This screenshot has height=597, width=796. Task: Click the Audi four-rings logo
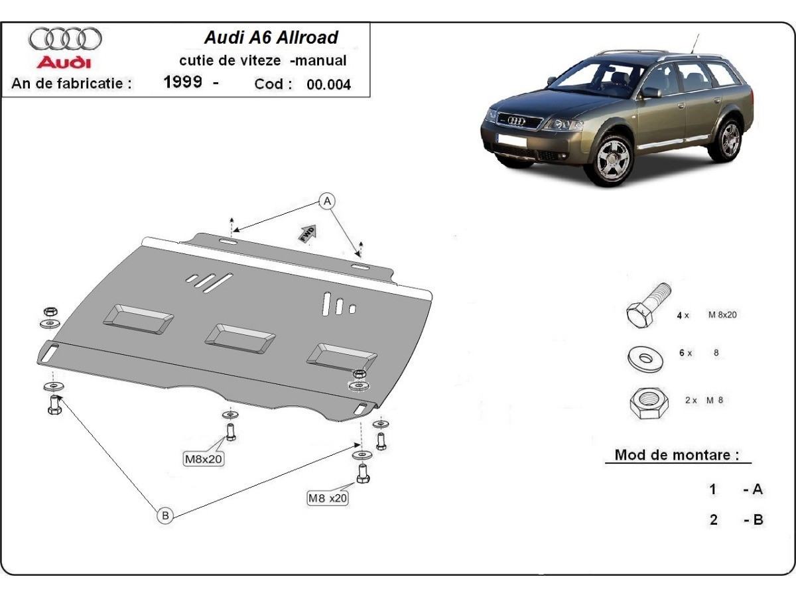tap(65, 39)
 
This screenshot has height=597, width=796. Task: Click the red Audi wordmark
tap(64, 63)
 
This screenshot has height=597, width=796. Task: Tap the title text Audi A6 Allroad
tap(271, 38)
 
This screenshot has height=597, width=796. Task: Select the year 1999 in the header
tap(183, 84)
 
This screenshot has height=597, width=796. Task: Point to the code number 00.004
tap(328, 84)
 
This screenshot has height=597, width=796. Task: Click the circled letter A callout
tap(326, 200)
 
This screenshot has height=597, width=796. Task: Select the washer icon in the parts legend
tap(643, 358)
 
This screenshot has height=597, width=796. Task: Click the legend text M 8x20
tap(722, 315)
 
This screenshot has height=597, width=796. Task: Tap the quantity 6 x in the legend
tap(685, 354)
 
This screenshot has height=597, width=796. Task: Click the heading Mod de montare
tap(677, 455)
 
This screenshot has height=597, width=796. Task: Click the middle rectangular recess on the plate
tap(239, 336)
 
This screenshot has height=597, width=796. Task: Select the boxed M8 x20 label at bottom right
tap(327, 498)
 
